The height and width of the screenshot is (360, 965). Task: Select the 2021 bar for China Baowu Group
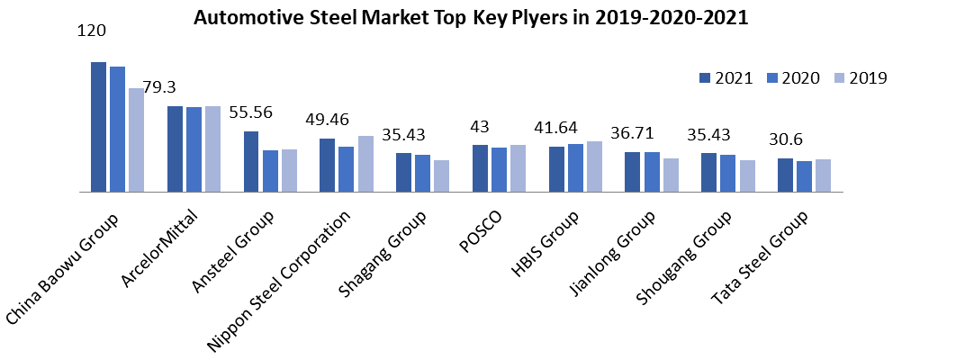tap(98, 127)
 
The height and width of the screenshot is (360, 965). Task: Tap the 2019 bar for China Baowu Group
tap(136, 139)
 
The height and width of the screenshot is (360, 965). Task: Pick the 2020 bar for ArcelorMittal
tap(194, 149)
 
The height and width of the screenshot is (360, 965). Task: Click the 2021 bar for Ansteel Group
tap(251, 161)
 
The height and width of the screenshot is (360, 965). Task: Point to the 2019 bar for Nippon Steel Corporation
tap(365, 164)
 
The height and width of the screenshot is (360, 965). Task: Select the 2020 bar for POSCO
tap(499, 169)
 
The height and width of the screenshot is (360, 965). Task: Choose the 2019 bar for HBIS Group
tap(594, 166)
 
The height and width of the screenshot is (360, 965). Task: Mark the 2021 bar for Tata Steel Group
tap(785, 175)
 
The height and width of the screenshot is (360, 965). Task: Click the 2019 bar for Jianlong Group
tap(671, 175)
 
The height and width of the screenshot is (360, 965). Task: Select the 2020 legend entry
tap(793, 78)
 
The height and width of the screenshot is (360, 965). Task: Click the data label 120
tap(92, 31)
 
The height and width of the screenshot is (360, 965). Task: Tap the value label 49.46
tap(328, 119)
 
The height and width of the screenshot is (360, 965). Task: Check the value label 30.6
tap(785, 139)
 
